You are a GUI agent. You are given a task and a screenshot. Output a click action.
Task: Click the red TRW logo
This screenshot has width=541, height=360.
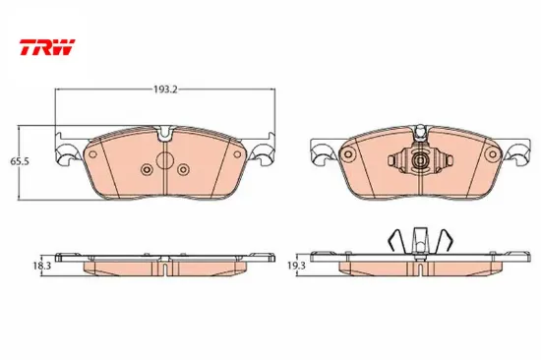[47, 47]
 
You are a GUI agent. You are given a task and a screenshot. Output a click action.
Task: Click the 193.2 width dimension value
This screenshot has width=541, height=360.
[165, 90]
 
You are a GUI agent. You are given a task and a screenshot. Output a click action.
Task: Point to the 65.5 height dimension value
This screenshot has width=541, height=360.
[20, 161]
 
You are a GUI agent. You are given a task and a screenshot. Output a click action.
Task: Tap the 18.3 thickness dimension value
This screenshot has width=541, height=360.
[42, 266]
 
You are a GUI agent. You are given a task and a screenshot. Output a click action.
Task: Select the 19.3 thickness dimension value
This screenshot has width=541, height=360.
[296, 266]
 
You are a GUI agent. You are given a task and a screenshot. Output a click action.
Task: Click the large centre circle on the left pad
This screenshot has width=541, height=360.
[164, 159]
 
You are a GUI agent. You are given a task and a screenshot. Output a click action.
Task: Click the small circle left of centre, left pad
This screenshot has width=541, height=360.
[147, 169]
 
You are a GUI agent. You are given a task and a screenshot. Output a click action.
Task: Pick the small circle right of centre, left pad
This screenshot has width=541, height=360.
[183, 169]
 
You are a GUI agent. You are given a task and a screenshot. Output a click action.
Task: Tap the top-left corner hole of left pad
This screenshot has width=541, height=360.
[92, 154]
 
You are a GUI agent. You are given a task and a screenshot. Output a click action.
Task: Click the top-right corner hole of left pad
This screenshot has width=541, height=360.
[237, 154]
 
